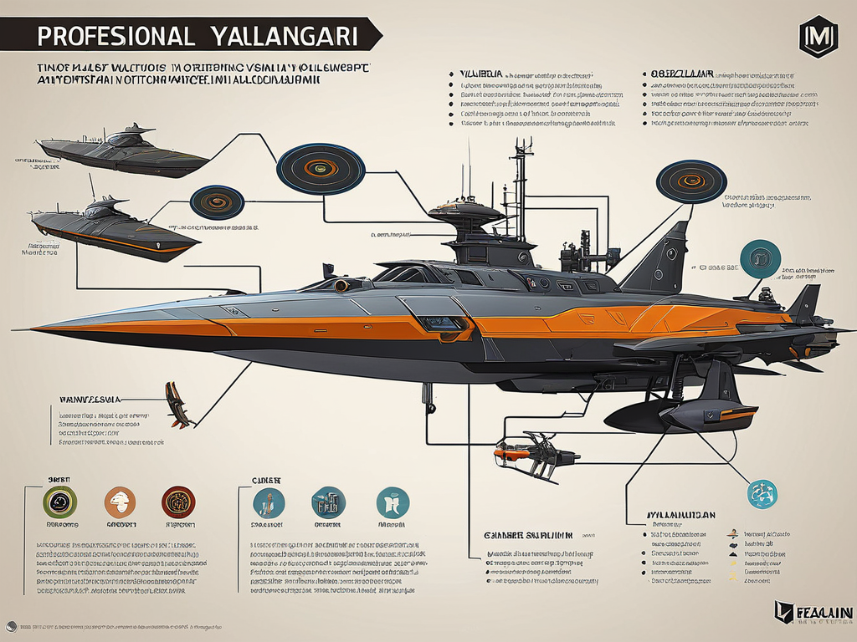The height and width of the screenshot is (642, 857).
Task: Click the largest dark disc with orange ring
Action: pyautogui.click(x=321, y=168)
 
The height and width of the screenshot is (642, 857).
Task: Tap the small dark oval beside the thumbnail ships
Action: pyautogui.click(x=217, y=201)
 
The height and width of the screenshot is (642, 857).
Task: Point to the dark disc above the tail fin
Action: pyautogui.click(x=691, y=180)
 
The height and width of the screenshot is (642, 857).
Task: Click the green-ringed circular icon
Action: pyautogui.click(x=58, y=502)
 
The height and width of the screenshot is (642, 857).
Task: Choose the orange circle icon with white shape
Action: pyautogui.click(x=120, y=502)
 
